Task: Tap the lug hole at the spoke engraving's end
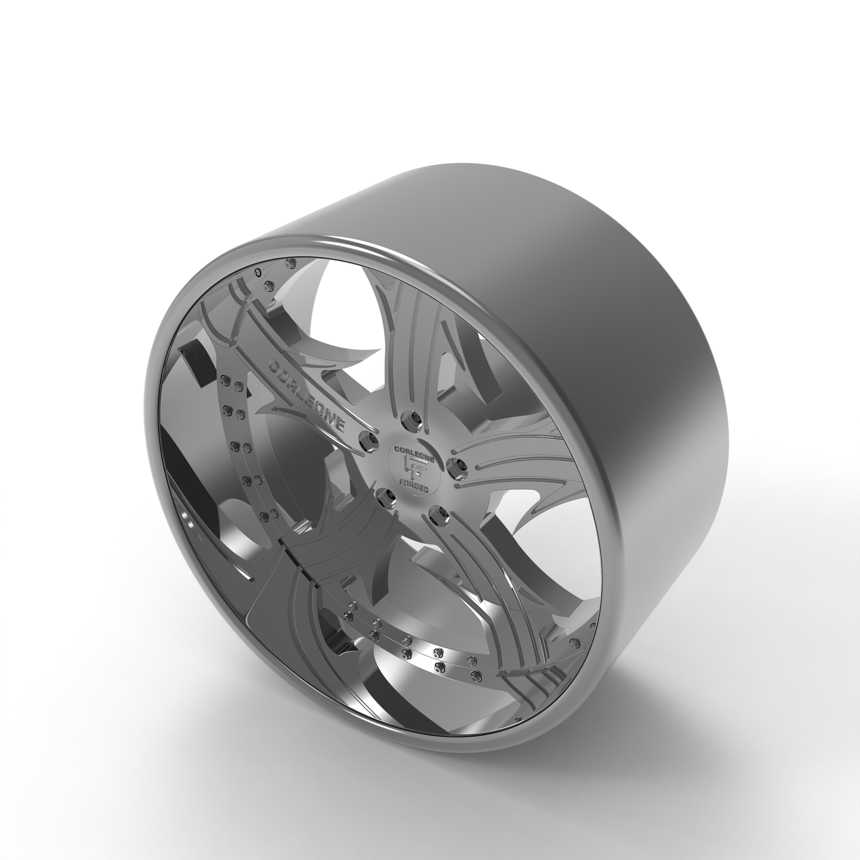pos(367,440)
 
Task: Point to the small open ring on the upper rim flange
pos(257,271)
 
